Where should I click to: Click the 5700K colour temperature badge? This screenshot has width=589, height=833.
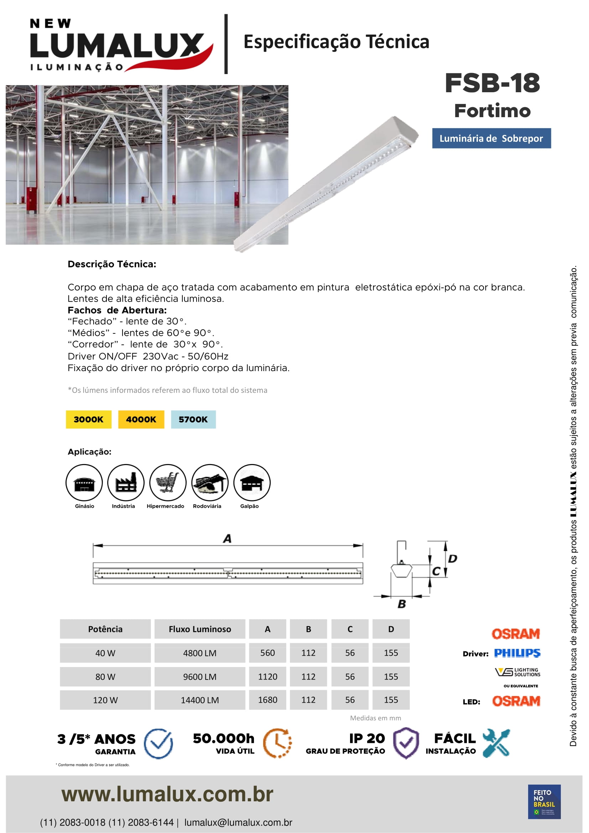(193, 420)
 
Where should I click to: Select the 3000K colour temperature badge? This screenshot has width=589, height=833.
(89, 420)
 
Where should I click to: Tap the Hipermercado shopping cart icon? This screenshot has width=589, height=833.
(168, 483)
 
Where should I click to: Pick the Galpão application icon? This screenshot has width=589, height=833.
(252, 483)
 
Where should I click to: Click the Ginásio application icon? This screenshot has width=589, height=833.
(84, 483)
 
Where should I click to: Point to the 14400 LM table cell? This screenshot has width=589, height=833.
(200, 700)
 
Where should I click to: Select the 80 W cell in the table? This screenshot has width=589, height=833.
(105, 677)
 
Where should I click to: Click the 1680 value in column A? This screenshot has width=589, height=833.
(268, 700)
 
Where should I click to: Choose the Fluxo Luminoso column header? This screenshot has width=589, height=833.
(200, 629)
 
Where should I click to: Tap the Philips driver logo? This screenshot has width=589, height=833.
(517, 653)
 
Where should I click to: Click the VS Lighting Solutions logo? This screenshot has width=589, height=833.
(517, 672)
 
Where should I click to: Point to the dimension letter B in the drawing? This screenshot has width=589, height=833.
(401, 604)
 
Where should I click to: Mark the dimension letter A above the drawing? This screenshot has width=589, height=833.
(228, 538)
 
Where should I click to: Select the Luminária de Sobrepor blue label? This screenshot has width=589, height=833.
(491, 138)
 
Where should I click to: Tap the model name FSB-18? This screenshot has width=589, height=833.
(492, 83)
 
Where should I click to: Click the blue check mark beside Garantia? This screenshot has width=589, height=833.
(158, 743)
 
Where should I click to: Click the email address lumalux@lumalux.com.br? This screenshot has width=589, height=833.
(238, 822)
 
